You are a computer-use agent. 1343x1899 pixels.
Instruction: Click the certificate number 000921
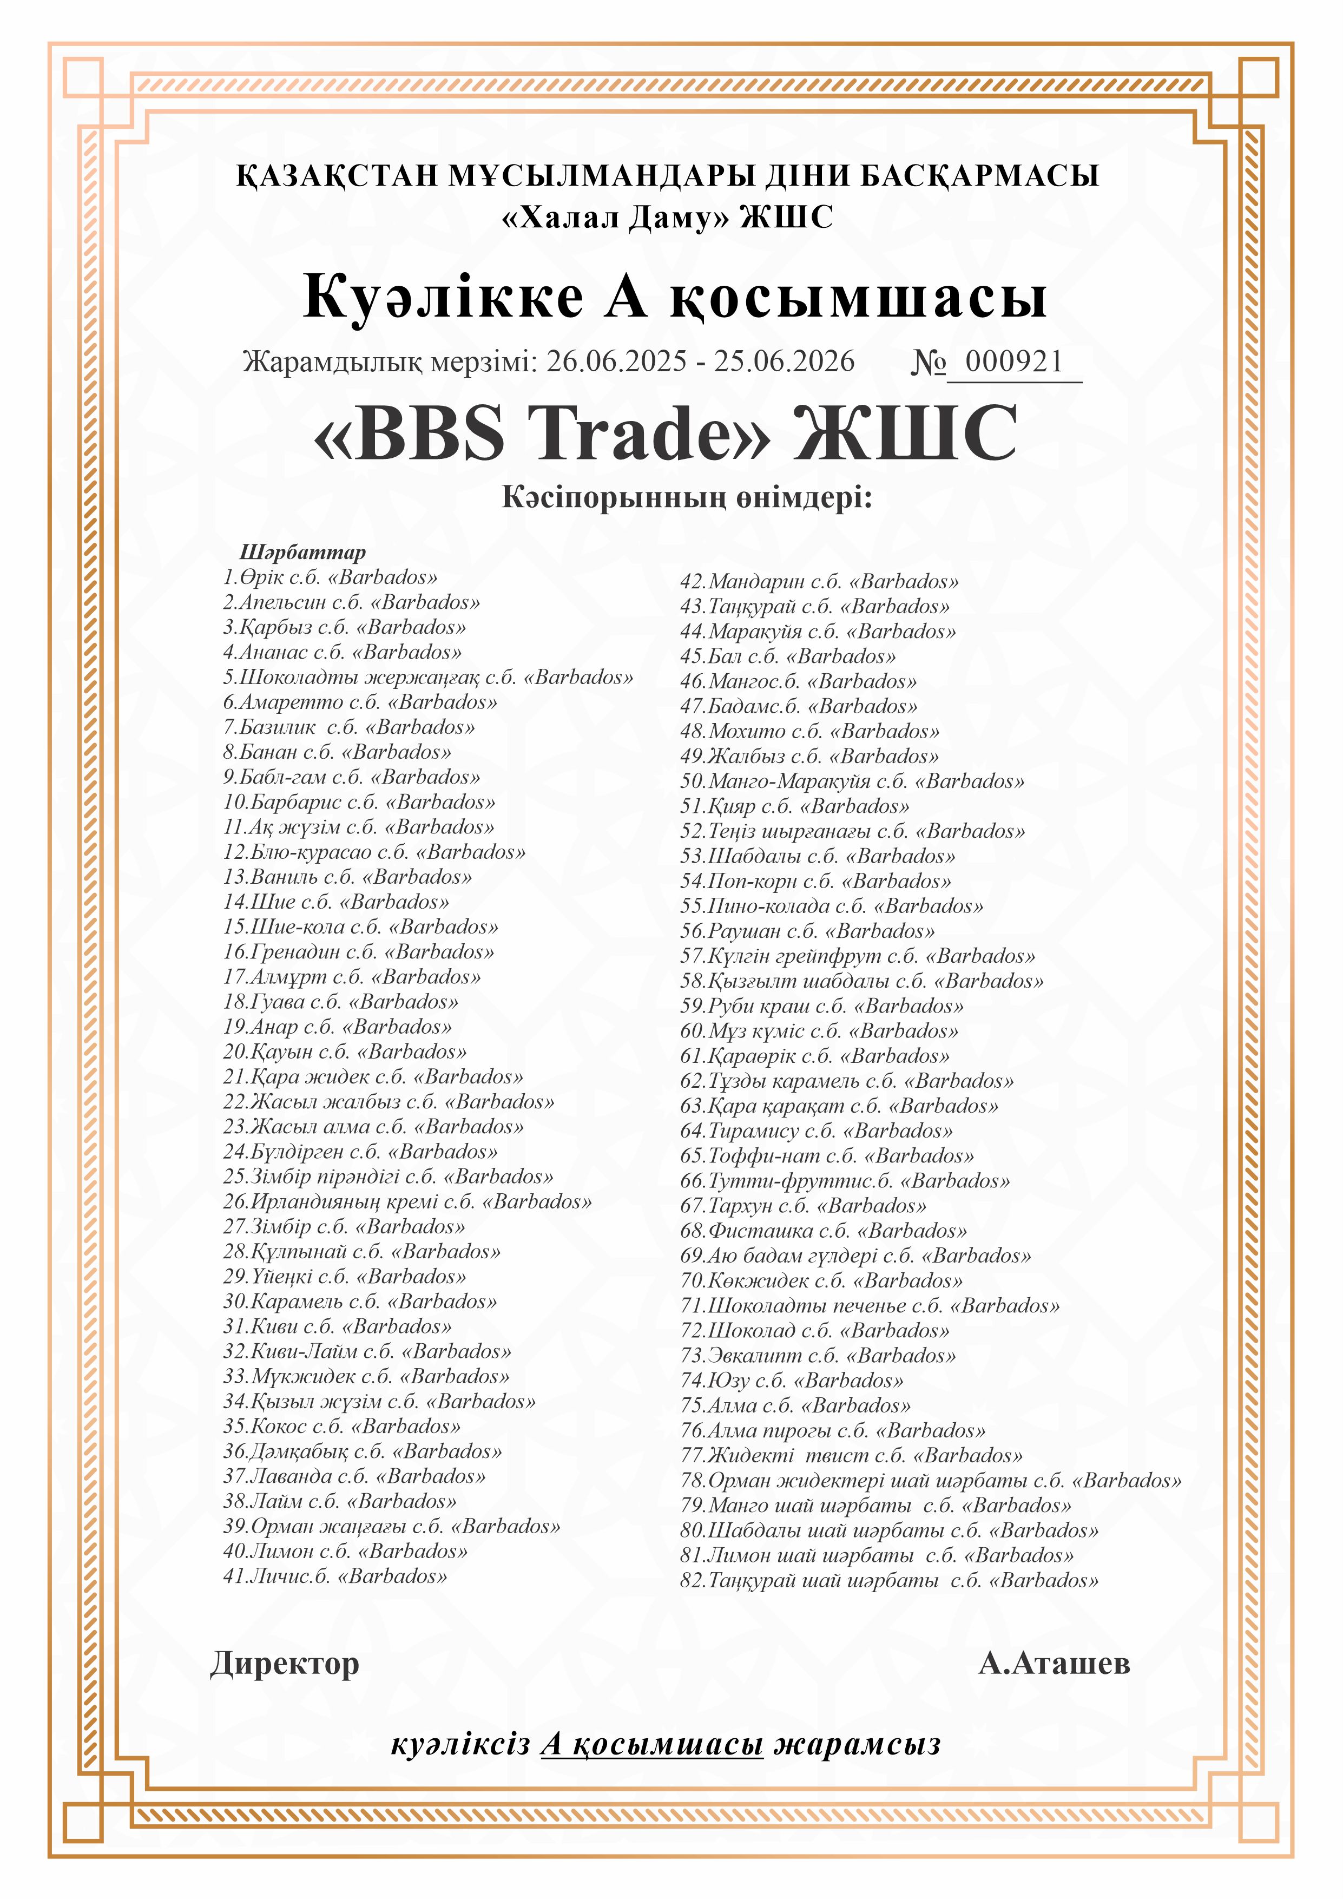[x=1014, y=362]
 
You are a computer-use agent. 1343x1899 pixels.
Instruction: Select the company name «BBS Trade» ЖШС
[x=666, y=433]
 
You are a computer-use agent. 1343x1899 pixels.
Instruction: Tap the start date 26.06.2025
[x=616, y=362]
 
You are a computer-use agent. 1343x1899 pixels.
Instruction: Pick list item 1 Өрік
[x=330, y=577]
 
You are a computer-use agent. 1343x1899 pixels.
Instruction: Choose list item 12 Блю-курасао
[x=374, y=852]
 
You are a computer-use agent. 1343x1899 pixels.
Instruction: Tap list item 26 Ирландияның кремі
[x=407, y=1202]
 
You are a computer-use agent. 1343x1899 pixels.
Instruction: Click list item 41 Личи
[x=335, y=1576]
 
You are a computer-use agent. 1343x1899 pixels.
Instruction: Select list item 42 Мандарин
[x=819, y=581]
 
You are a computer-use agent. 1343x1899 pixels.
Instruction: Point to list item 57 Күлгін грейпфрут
[x=858, y=956]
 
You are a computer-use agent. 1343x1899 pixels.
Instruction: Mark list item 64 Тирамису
[x=816, y=1131]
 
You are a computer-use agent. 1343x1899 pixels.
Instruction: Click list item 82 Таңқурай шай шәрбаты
[x=889, y=1581]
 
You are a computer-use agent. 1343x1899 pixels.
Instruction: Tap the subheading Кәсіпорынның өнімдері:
[x=687, y=497]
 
